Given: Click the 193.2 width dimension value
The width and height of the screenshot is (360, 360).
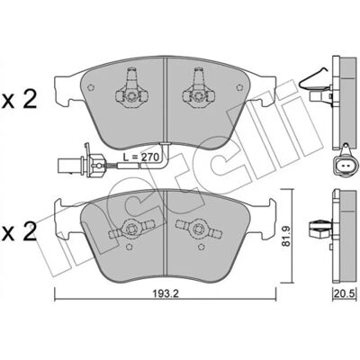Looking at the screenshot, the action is [x=166, y=294].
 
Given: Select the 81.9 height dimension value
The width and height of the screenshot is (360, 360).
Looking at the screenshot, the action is [x=287, y=236].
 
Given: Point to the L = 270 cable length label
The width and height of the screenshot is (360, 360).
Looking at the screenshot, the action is [x=141, y=157].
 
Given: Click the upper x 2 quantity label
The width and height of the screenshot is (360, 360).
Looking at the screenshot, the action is [x=19, y=100].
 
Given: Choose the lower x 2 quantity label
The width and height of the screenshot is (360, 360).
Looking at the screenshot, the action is [x=19, y=231].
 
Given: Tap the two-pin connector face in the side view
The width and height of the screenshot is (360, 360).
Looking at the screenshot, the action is [x=346, y=166].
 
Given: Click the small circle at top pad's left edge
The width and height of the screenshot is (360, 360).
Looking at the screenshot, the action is [x=91, y=87].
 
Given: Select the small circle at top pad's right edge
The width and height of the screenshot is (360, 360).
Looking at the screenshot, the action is [x=239, y=87].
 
